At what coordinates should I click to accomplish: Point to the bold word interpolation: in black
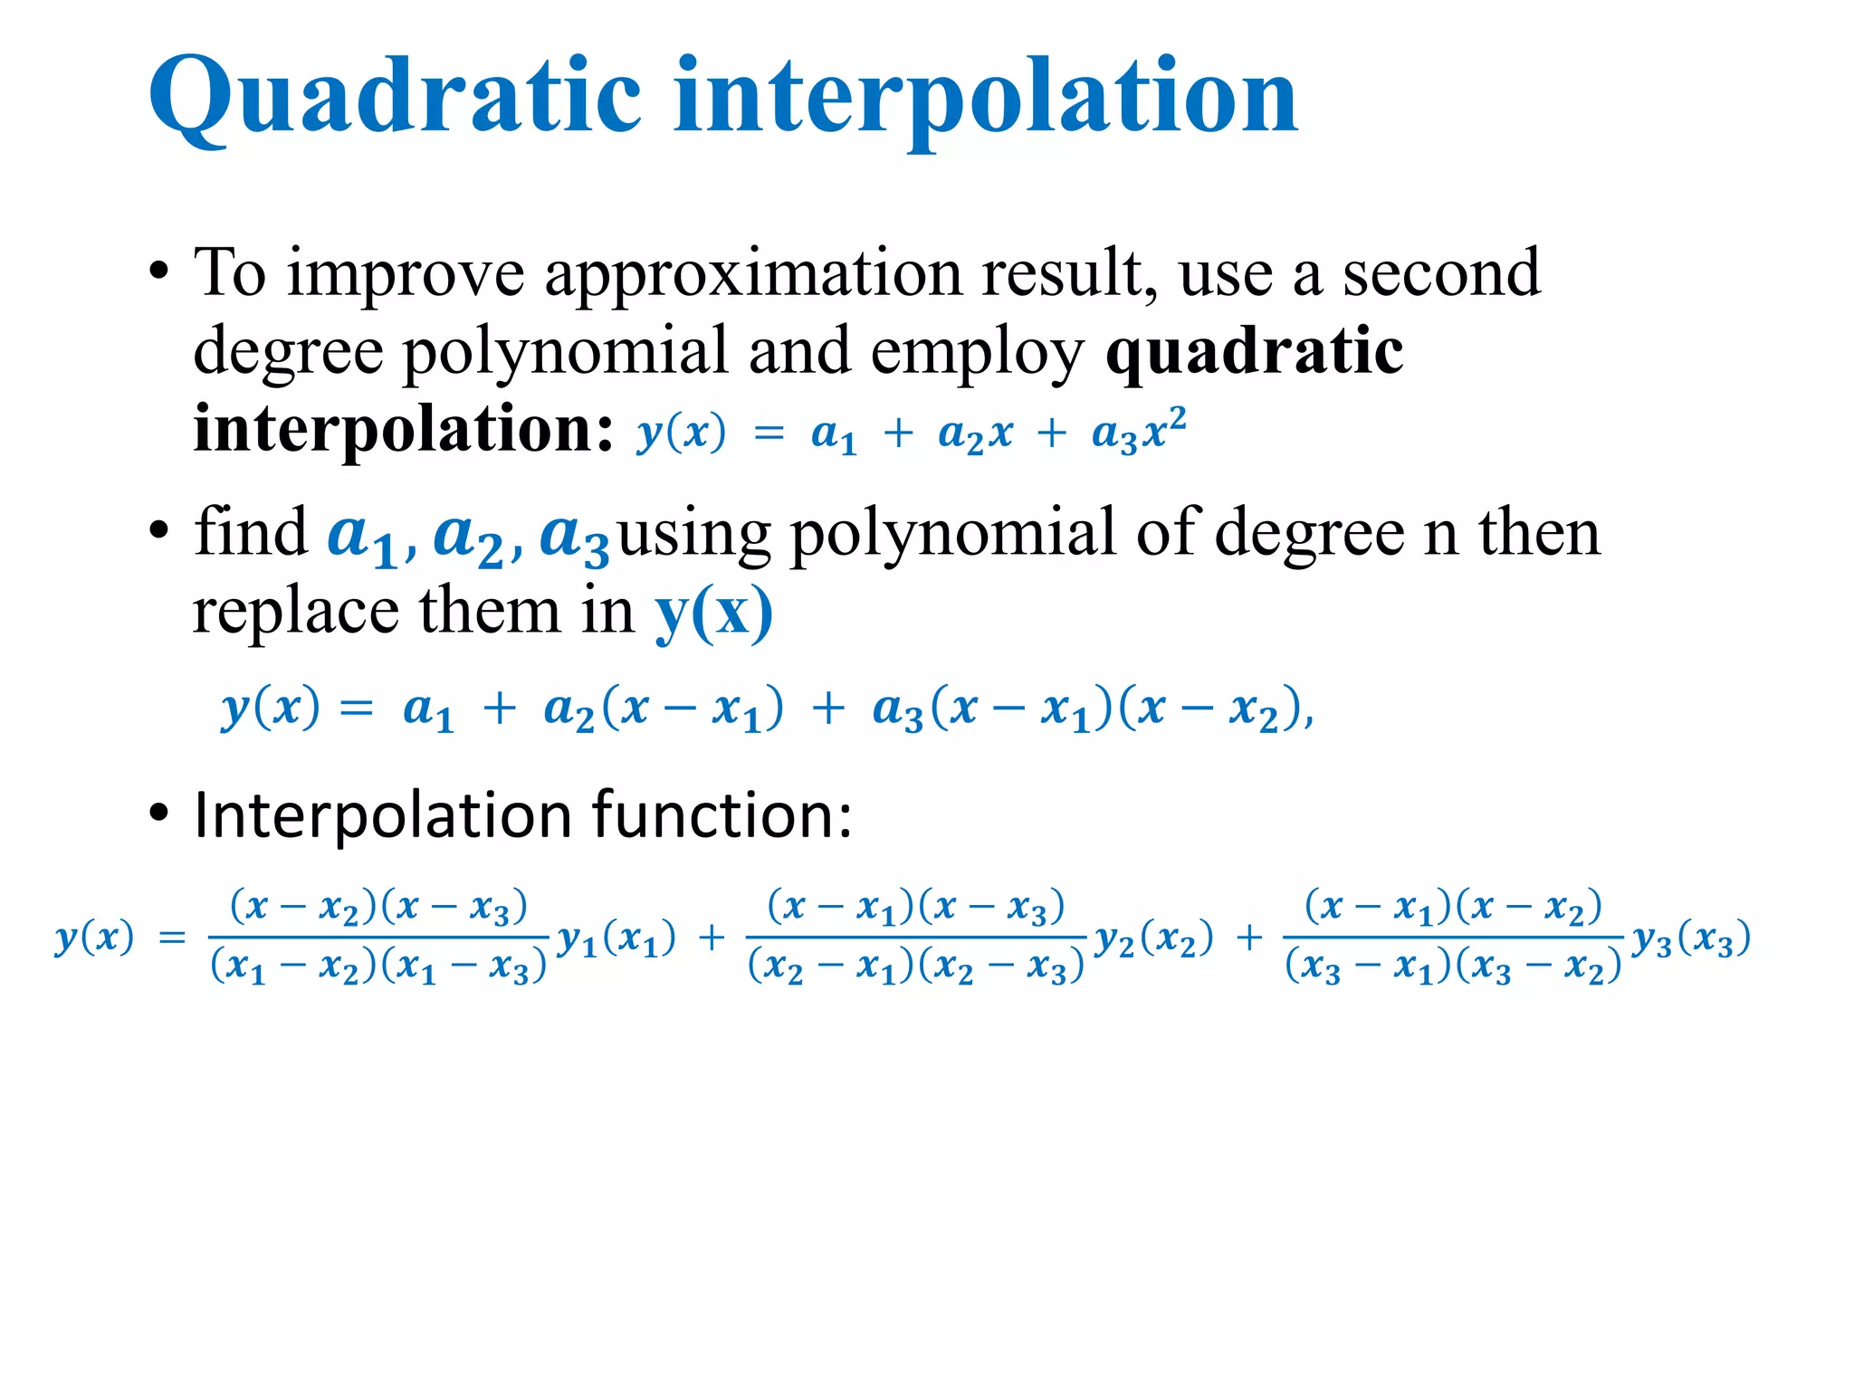(404, 429)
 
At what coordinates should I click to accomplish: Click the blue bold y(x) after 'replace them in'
(714, 613)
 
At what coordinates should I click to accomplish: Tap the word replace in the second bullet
(295, 613)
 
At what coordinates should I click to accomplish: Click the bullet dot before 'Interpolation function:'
(159, 814)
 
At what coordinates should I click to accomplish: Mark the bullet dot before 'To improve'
(159, 271)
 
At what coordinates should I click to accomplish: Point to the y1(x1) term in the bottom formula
(616, 939)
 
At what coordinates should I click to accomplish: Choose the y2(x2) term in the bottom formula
(1153, 939)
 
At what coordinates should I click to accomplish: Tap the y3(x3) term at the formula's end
(1691, 939)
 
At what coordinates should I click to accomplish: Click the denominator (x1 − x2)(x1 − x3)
(378, 967)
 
